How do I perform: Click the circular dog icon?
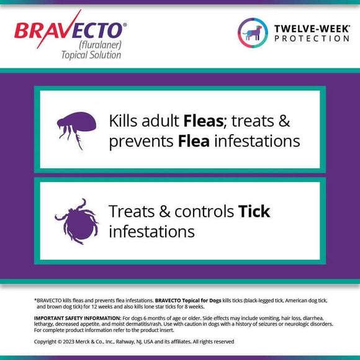(253, 32)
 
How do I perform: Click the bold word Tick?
(254, 212)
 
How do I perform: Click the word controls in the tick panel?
(204, 212)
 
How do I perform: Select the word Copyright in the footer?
(47, 341)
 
